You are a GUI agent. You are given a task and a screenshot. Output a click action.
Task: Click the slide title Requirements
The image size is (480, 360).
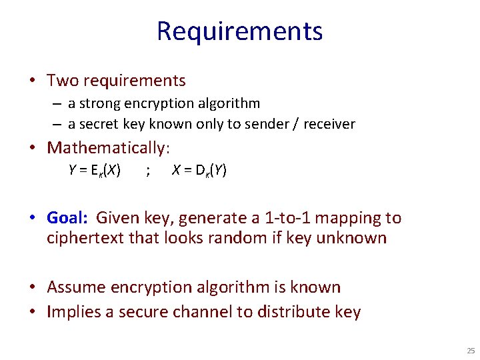point(239,31)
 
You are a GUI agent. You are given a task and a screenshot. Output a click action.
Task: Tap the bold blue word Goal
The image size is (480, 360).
point(67,218)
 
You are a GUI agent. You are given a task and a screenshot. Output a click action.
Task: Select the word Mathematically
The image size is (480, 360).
point(107,147)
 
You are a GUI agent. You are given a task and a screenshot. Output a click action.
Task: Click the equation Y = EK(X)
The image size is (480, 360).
point(95,171)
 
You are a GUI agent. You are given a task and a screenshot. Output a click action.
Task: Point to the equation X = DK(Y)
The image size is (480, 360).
point(199,171)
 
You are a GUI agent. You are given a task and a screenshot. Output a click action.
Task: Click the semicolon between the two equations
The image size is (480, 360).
point(147,171)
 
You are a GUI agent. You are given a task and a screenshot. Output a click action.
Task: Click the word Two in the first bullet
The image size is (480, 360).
point(63,81)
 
